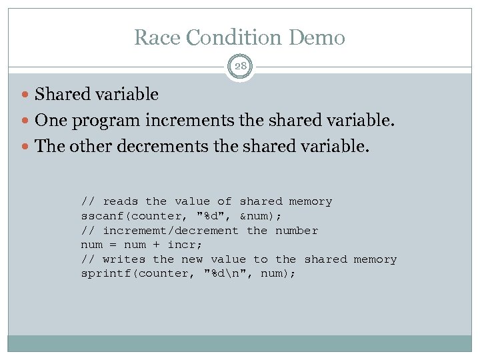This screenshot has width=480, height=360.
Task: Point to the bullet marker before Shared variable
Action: click(x=26, y=95)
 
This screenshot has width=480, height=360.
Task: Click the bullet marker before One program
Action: click(x=26, y=121)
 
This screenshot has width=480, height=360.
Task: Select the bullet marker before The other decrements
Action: click(x=26, y=146)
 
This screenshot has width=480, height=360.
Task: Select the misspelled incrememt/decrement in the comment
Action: click(x=170, y=231)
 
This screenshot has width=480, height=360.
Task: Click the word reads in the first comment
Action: click(x=121, y=201)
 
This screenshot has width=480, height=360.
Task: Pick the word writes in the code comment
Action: click(x=124, y=259)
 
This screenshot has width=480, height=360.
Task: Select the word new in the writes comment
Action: click(x=192, y=259)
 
